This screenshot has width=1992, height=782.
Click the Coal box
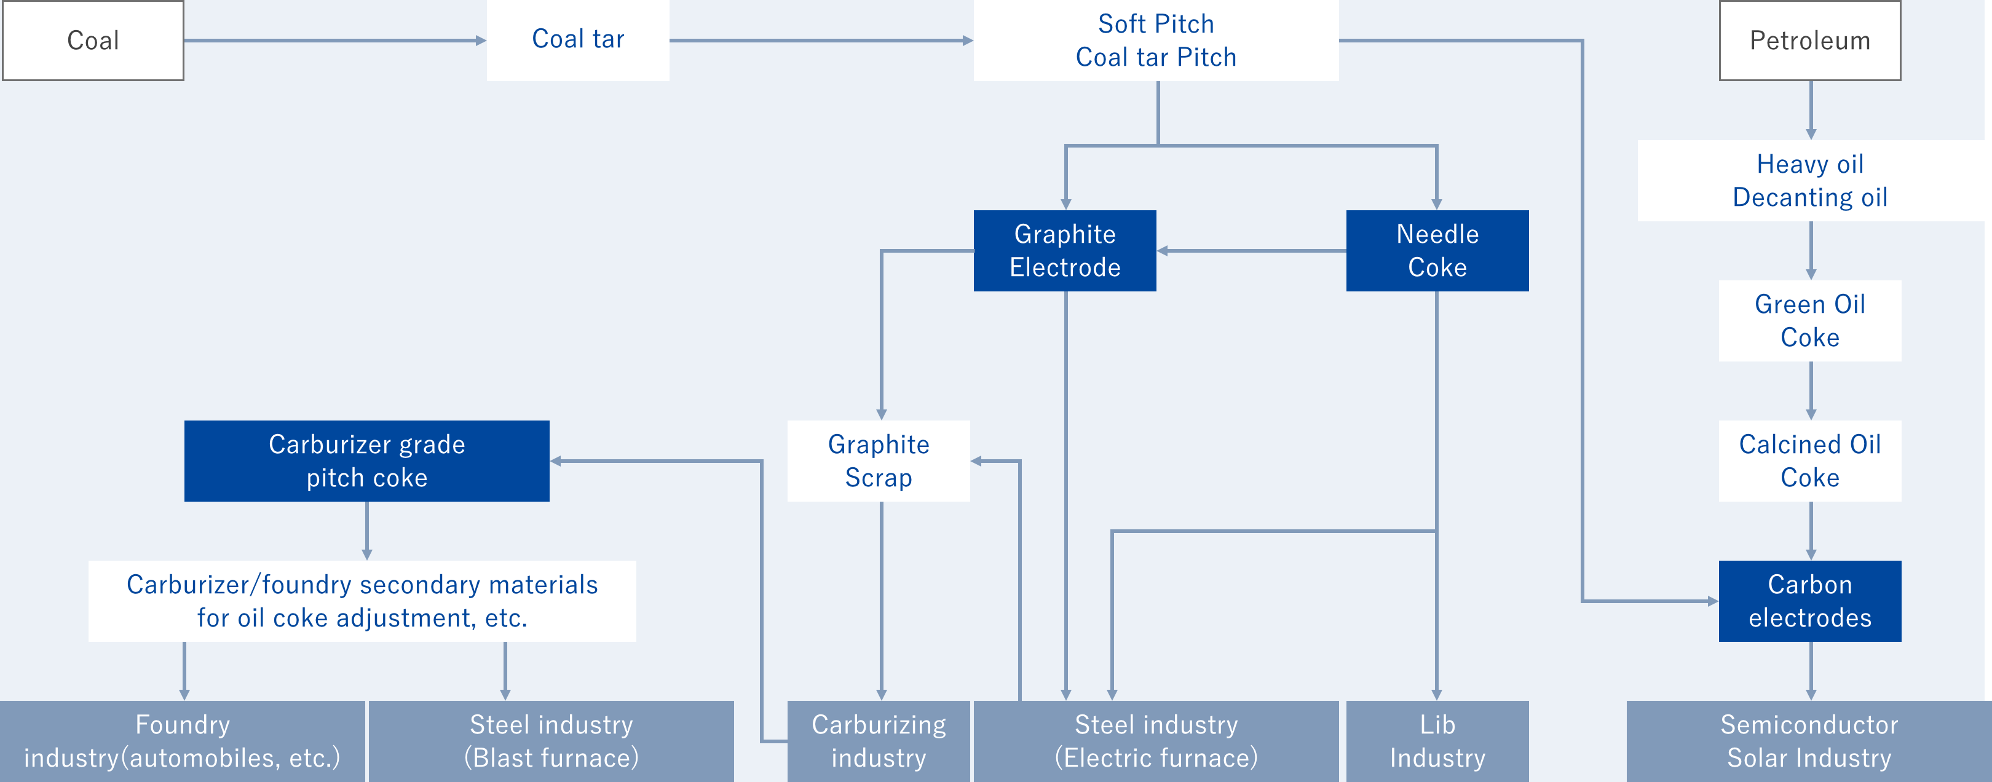click(x=93, y=40)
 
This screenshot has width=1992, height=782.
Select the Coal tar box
click(x=578, y=40)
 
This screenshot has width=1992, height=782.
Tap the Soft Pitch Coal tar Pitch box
click(x=1156, y=40)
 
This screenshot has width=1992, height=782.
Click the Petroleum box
click(x=1809, y=40)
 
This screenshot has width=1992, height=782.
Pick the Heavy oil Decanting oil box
click(x=1810, y=181)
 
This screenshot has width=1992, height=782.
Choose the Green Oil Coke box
click(x=1810, y=321)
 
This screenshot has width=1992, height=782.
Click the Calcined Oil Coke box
click(x=1810, y=461)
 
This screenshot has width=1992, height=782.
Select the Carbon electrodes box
click(x=1810, y=601)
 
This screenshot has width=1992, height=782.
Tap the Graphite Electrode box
click(x=1065, y=251)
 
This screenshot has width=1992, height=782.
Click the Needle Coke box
click(x=1437, y=251)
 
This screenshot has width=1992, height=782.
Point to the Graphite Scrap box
click(x=879, y=461)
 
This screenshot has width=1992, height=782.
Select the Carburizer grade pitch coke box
click(x=366, y=461)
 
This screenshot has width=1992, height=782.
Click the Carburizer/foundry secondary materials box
click(x=362, y=601)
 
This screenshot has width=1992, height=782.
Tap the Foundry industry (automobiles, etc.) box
click(x=183, y=741)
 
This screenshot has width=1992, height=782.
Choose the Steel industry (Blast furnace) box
click(x=551, y=741)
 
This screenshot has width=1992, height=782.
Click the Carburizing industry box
click(x=879, y=741)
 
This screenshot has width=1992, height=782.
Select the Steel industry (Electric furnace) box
click(x=1156, y=741)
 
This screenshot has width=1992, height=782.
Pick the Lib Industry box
click(x=1437, y=741)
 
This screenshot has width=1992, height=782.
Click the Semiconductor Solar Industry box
click(x=1809, y=741)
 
